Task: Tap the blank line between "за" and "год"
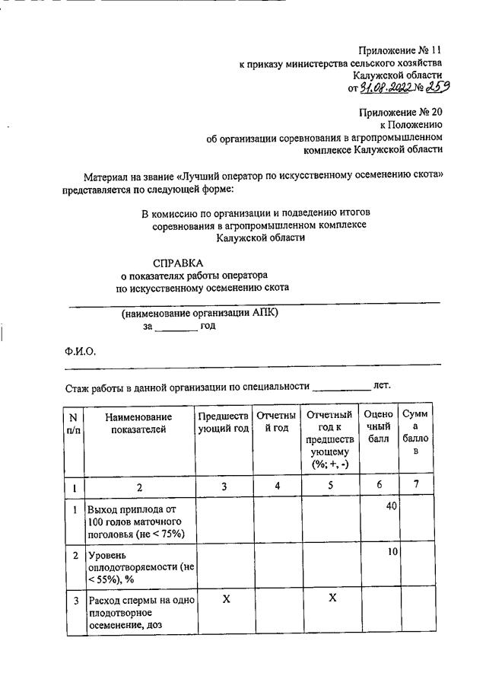(176, 328)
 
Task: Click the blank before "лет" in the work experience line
(341, 388)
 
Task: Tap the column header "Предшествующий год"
(224, 423)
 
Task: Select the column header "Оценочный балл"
(379, 427)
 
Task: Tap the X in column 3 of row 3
(226, 599)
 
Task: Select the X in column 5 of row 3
(332, 598)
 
